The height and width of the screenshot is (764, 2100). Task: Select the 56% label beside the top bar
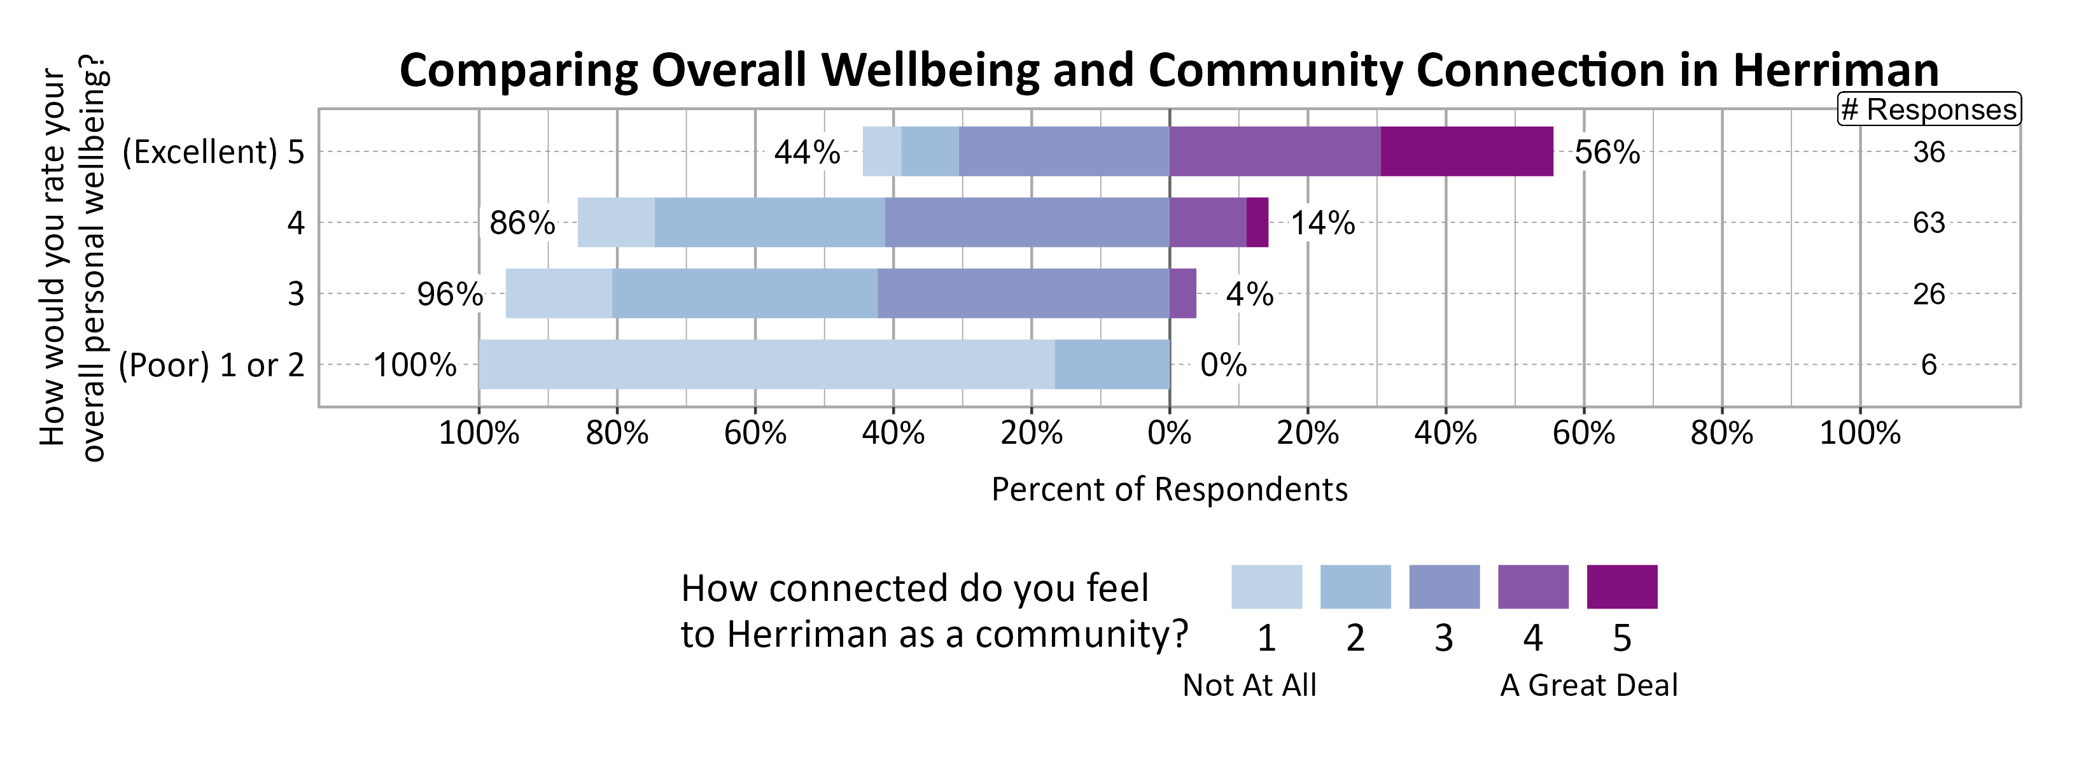(1607, 152)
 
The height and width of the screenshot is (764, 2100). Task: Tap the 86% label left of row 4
(522, 223)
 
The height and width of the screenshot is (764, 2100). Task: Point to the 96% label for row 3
(450, 294)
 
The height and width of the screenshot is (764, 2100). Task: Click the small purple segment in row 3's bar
(1182, 294)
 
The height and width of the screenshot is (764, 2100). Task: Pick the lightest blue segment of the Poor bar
(766, 364)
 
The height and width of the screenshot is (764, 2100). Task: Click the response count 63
(1928, 223)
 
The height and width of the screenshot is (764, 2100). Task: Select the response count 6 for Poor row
(1928, 364)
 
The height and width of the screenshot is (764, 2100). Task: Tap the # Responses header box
(1928, 110)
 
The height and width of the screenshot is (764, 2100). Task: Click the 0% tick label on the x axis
(1169, 433)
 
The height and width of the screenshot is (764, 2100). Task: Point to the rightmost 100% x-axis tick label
(1859, 433)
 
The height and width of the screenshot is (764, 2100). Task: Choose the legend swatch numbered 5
(1621, 586)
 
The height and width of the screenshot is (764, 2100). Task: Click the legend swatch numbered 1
(1266, 586)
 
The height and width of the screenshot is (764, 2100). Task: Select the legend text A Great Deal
(1588, 685)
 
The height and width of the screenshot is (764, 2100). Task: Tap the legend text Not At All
(1249, 685)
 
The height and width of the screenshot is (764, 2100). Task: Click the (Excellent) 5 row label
(213, 152)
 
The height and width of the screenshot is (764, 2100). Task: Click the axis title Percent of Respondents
(1169, 489)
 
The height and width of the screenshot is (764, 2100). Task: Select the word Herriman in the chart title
(1835, 70)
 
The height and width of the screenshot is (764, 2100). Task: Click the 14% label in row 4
(1322, 223)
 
